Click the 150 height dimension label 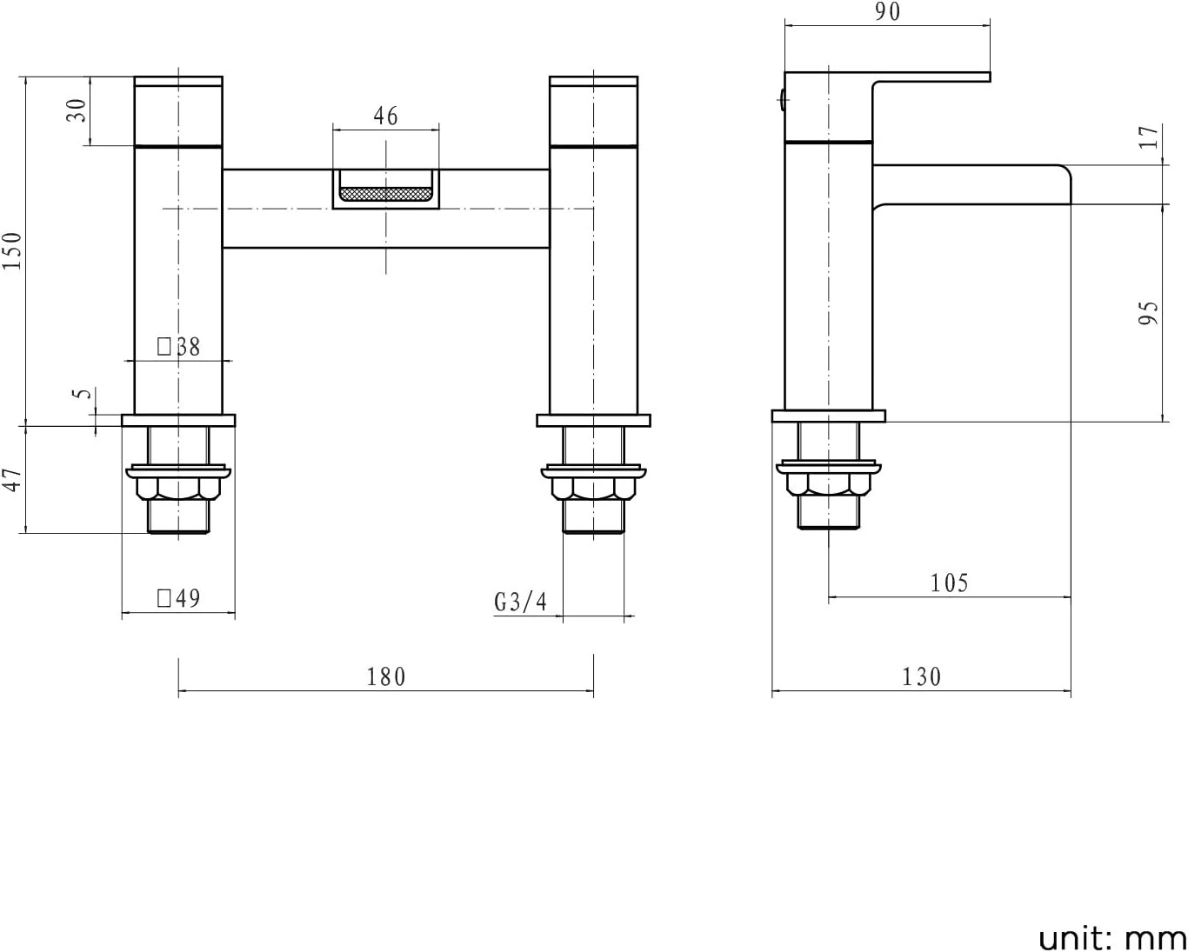click(x=12, y=250)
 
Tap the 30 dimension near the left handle click(x=77, y=110)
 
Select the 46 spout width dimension click(x=385, y=116)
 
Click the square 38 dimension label click(x=179, y=347)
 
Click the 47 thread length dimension click(x=12, y=479)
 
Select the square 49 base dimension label click(x=179, y=598)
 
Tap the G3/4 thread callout click(x=521, y=602)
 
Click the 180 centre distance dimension click(x=385, y=676)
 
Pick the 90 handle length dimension click(x=887, y=12)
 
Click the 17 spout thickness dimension click(x=1150, y=137)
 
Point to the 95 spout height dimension click(x=1150, y=313)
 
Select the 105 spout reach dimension click(x=949, y=583)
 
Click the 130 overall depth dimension click(x=921, y=676)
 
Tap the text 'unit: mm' click(x=1112, y=938)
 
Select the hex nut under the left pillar click(x=178, y=489)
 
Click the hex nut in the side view click(x=828, y=483)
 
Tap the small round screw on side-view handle click(x=783, y=101)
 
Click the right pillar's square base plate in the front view click(x=593, y=421)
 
